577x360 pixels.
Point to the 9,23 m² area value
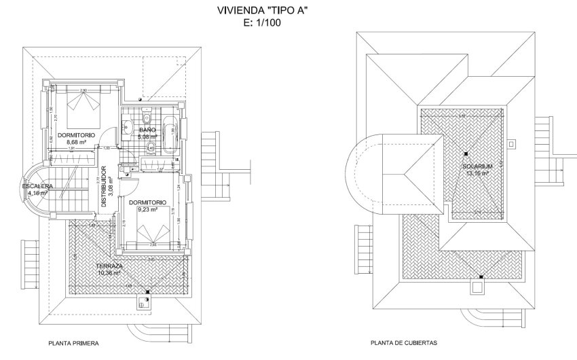148,210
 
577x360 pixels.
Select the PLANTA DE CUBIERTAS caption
403,344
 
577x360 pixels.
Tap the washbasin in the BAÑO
126,125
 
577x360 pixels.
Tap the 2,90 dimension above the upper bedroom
83,90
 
